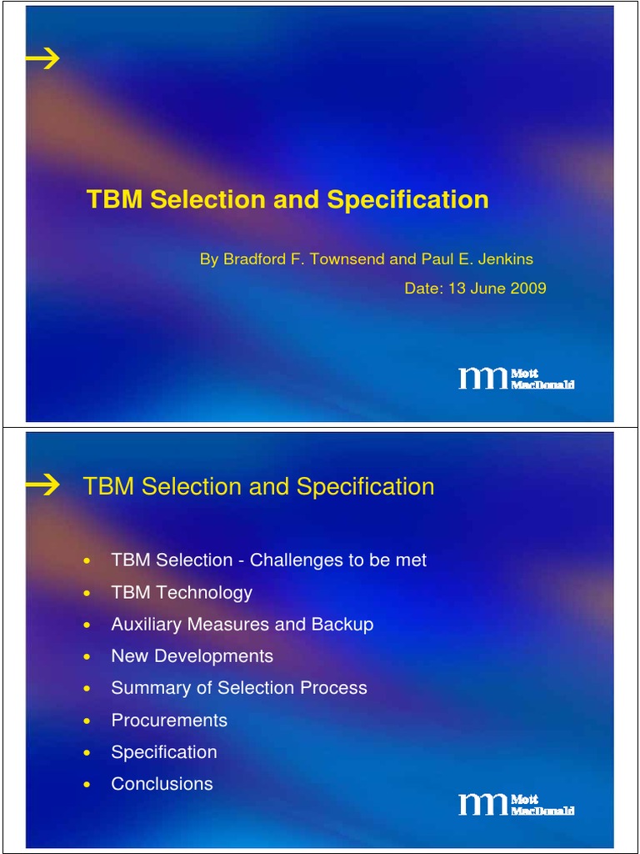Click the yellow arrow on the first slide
pos(42,58)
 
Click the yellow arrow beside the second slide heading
pos(42,485)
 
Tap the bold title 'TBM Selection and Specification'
pos(287,200)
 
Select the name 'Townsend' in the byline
pos(347,259)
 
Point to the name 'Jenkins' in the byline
pos(505,259)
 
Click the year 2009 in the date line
pos(529,289)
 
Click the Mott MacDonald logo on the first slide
pos(516,379)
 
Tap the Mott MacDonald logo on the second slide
pos(516,805)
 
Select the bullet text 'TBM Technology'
pos(182,593)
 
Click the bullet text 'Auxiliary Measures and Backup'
pos(242,625)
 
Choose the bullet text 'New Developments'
pos(192,656)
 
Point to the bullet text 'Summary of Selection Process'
pos(239,688)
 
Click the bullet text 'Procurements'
pos(169,720)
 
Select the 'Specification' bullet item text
pos(164,752)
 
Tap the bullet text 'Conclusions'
pos(162,784)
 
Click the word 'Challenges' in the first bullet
pos(292,560)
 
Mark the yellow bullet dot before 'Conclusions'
pos(87,785)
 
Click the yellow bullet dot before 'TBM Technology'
pos(87,594)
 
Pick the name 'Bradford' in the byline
pos(252,259)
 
